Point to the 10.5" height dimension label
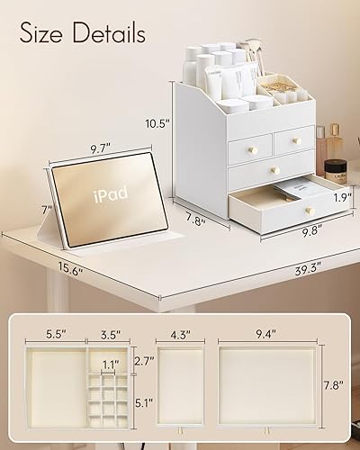click(157, 124)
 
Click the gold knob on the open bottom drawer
click(309, 211)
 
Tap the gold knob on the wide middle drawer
click(276, 171)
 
